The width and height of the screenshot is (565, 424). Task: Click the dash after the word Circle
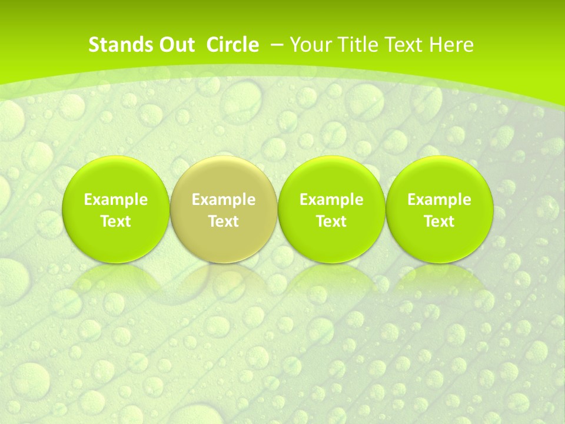277,45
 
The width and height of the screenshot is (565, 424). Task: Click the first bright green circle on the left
115,177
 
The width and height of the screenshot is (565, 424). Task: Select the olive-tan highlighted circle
223,177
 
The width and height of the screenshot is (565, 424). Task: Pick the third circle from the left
331,177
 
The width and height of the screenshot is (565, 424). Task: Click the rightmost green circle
439,177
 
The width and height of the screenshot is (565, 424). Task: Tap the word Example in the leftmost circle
115,200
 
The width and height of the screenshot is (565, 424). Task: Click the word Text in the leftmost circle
115,221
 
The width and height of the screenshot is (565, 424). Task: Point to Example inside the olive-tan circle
223,200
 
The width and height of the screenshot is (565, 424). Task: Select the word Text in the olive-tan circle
223,221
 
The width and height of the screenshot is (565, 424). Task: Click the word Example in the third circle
331,200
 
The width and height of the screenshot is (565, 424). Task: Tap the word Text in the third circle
331,221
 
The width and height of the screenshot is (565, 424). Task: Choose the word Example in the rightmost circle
439,200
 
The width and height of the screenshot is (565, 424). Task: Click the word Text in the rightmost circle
439,221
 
